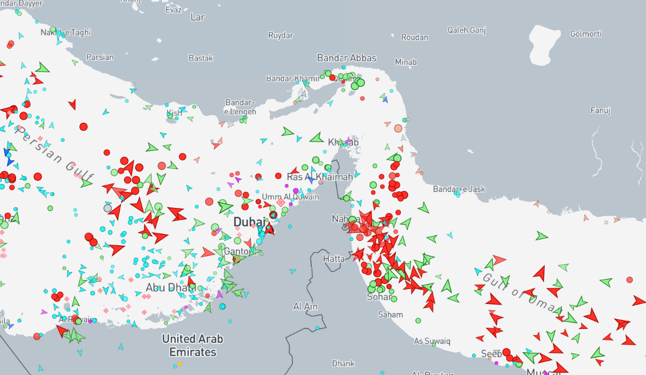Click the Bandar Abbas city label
[x=346, y=58]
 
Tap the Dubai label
[x=249, y=222]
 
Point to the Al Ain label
[x=305, y=306]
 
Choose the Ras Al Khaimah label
[x=320, y=177]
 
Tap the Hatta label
[x=334, y=259]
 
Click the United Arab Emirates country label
[x=193, y=345]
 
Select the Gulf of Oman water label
[x=519, y=292]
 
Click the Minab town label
[x=406, y=62]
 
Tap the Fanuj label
[x=600, y=110]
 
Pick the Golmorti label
[x=586, y=34]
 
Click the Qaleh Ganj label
[x=467, y=30]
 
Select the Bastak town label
[x=200, y=58]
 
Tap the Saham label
[x=390, y=315]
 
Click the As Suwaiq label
[x=432, y=341]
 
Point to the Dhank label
[x=343, y=363]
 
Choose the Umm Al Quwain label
[x=291, y=197]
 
